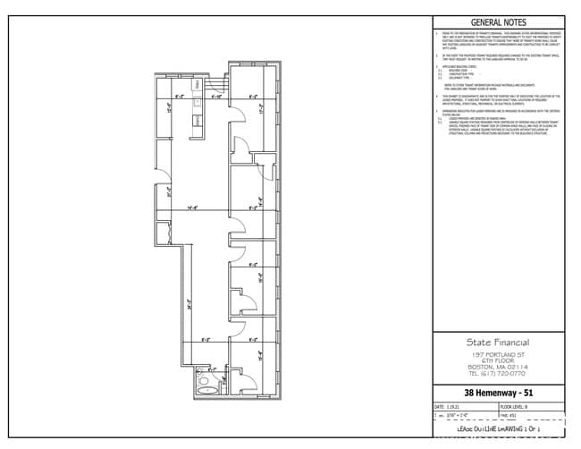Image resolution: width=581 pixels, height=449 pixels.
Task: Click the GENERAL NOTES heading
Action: point(499,23)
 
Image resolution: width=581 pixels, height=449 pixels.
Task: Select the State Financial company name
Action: point(499,342)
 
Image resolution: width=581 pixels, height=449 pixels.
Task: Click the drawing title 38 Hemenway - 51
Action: point(499,393)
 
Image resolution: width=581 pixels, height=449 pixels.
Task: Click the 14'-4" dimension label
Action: point(192,208)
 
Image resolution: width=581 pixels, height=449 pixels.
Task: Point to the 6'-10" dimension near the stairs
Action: point(216,97)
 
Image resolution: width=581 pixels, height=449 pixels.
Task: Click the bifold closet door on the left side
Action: point(165,231)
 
